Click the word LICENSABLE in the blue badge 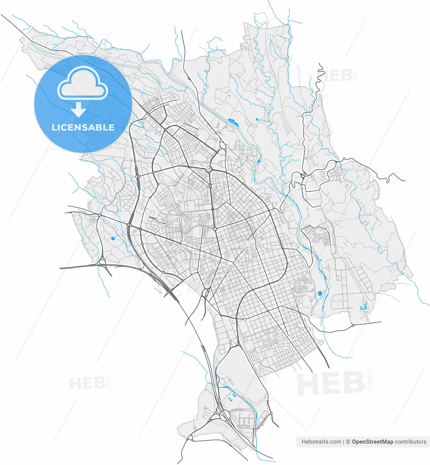83,128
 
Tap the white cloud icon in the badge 83,84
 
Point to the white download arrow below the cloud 79,109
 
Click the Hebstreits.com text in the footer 321,442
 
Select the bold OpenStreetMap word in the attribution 373,442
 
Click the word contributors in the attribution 411,442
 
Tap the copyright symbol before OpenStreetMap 348,442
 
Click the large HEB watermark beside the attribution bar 331,383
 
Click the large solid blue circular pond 320,293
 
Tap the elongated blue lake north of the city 232,122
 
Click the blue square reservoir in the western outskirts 113,239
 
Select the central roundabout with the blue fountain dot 209,169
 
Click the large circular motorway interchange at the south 225,415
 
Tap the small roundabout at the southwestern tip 190,438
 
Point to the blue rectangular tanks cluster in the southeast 364,306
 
